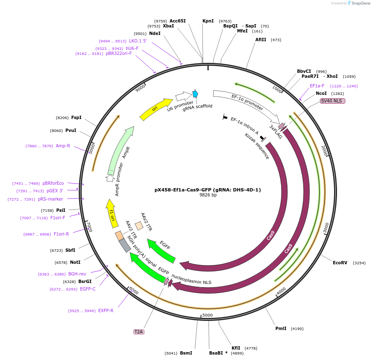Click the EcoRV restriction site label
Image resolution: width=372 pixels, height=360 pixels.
coord(340,263)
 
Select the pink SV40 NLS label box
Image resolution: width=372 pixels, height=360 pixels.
coord(332,101)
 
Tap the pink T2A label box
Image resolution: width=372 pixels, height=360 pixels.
coord(138,332)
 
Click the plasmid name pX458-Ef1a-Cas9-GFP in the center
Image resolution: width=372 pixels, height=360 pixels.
coord(207,190)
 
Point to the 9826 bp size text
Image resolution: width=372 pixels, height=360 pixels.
coord(208,195)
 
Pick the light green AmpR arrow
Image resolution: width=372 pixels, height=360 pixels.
coord(121,150)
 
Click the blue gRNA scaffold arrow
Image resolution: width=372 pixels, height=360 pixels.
coord(195,94)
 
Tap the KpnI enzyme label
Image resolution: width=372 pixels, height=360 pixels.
coord(208,21)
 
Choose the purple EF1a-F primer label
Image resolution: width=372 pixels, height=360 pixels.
coord(317,86)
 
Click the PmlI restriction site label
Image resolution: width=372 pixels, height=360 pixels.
coord(281,328)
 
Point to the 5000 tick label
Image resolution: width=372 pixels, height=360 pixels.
coord(207,315)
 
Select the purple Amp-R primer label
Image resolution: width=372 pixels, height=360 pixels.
coord(63,146)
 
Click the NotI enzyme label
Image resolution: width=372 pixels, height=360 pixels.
coord(75,262)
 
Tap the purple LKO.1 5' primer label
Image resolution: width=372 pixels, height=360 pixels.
coord(138,41)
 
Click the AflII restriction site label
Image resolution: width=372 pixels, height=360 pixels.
coord(261,40)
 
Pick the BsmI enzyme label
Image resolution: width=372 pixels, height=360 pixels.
coord(186,353)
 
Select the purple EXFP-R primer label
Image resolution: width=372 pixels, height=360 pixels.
coord(106,310)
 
